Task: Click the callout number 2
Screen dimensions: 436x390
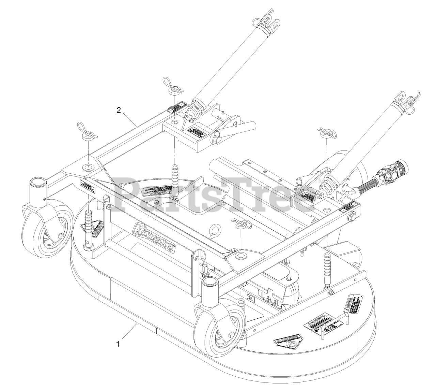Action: (118, 110)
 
